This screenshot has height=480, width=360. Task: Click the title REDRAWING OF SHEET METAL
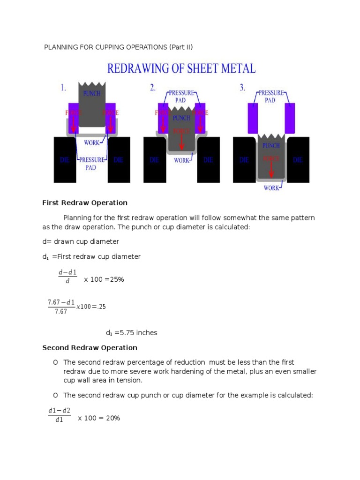(x=182, y=68)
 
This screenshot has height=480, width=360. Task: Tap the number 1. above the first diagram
(x=63, y=88)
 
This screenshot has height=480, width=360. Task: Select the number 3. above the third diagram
(x=242, y=88)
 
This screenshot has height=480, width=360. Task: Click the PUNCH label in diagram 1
(x=92, y=93)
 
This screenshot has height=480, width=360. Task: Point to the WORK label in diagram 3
(x=272, y=188)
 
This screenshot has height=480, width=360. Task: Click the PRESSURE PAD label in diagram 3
(x=270, y=97)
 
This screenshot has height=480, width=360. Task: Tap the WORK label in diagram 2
(x=182, y=160)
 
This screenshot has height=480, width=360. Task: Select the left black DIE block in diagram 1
(x=65, y=160)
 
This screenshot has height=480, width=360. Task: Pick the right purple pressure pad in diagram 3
(x=290, y=118)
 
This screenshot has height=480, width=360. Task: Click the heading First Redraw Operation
(x=85, y=203)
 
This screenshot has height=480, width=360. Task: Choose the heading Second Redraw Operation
(x=90, y=348)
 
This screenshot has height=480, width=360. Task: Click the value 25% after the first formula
(x=116, y=279)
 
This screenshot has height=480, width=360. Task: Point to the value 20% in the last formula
(x=112, y=418)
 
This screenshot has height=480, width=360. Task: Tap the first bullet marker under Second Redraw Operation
(x=55, y=362)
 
